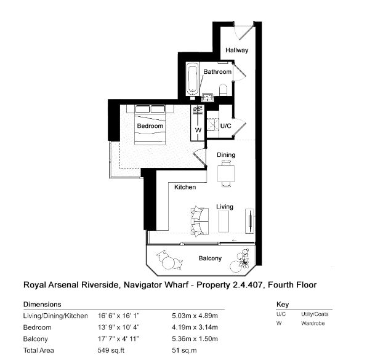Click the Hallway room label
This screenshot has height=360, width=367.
236,50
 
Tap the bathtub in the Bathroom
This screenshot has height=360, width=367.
193,79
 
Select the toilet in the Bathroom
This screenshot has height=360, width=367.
224,90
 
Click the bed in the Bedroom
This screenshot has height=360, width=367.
150,125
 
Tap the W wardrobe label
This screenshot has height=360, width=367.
198,130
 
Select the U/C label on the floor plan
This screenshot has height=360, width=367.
225,126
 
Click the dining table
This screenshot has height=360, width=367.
226,174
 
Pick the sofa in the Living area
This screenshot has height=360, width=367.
200,222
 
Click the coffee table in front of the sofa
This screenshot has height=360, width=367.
224,222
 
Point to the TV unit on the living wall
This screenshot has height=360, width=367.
249,222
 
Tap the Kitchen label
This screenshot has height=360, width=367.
185,187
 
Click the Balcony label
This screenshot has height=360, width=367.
210,258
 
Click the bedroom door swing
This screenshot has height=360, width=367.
200,158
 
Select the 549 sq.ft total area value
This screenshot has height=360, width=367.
111,350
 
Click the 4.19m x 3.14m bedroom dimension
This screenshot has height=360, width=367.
195,327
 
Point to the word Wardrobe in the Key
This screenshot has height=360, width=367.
313,323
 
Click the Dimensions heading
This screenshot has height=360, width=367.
42,305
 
